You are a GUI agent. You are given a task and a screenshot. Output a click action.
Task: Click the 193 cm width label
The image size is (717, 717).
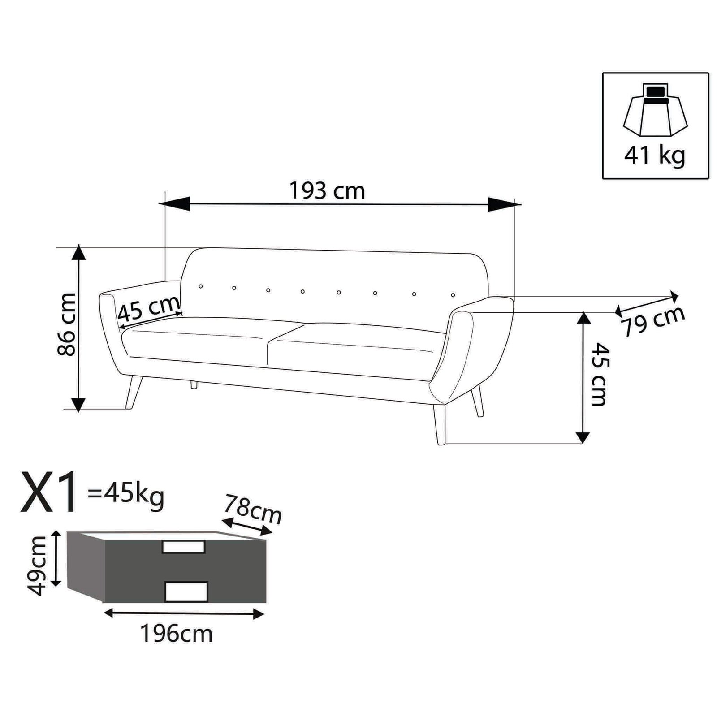tap(327, 191)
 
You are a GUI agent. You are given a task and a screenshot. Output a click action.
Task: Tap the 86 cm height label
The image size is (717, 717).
tap(67, 324)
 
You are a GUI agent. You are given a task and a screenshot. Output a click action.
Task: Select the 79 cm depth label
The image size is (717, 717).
tap(653, 321)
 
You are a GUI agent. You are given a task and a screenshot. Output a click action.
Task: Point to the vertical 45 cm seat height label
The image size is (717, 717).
tap(599, 374)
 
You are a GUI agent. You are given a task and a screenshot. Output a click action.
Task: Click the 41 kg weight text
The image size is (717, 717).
tap(654, 155)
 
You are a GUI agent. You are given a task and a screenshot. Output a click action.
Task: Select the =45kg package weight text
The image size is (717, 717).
tap(126, 495)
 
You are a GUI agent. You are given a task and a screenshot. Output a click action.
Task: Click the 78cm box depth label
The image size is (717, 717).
tap(253, 509)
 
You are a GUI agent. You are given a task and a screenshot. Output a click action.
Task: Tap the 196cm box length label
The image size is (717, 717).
tap(177, 634)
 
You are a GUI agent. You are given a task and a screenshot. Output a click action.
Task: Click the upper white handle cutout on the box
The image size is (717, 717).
tap(183, 547)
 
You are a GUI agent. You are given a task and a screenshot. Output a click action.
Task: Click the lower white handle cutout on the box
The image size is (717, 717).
tap(186, 591)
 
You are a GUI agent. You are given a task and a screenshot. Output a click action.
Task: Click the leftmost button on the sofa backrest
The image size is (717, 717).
tap(201, 286)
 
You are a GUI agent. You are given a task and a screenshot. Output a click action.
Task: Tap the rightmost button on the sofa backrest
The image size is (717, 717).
tap(453, 295)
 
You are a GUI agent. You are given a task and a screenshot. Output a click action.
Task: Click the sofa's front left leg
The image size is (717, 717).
tap(134, 393)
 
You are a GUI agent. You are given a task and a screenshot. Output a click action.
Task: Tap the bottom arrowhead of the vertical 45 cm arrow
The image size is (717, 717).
tap(583, 437)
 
